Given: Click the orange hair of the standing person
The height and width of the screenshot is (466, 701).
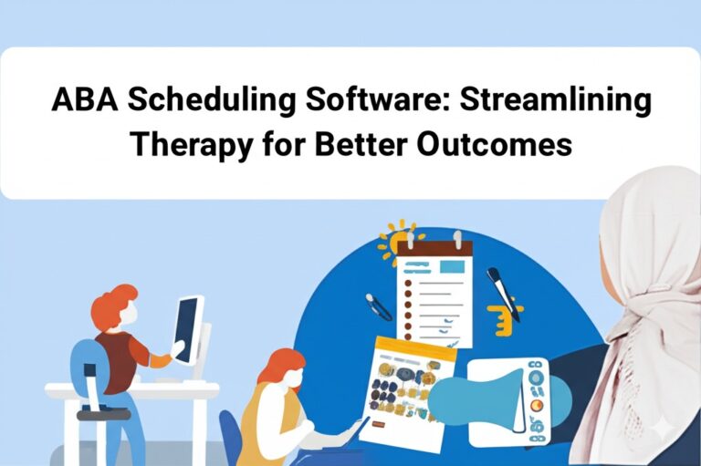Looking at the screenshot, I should click(x=117, y=301).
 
